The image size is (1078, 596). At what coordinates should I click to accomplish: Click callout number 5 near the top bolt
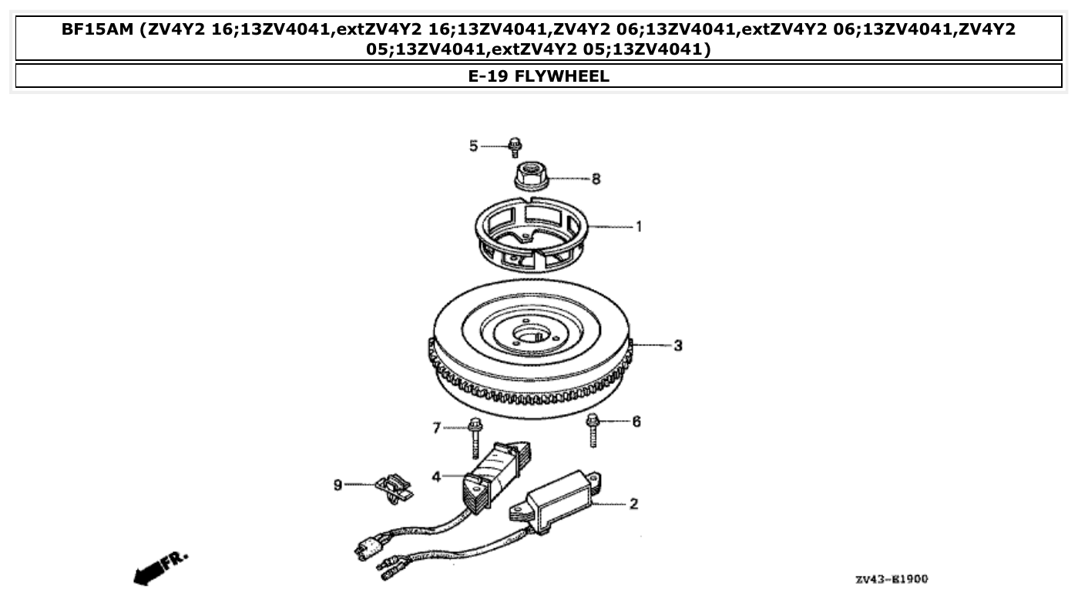coord(474,145)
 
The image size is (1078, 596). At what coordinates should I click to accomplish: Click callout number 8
coord(596,179)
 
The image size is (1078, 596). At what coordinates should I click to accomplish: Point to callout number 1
coord(639,227)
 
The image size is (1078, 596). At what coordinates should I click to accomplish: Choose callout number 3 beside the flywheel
coord(677,345)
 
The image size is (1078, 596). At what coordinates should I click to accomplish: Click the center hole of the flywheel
coord(530,336)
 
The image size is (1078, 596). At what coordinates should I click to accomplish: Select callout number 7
coord(436,427)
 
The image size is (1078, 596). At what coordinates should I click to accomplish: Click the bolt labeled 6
coord(593,429)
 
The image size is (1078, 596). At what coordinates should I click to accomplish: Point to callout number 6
coord(636,422)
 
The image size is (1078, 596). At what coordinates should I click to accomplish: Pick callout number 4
coord(436,477)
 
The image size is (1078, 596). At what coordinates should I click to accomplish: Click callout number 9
coord(338,484)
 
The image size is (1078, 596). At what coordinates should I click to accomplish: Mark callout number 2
coord(633,504)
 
